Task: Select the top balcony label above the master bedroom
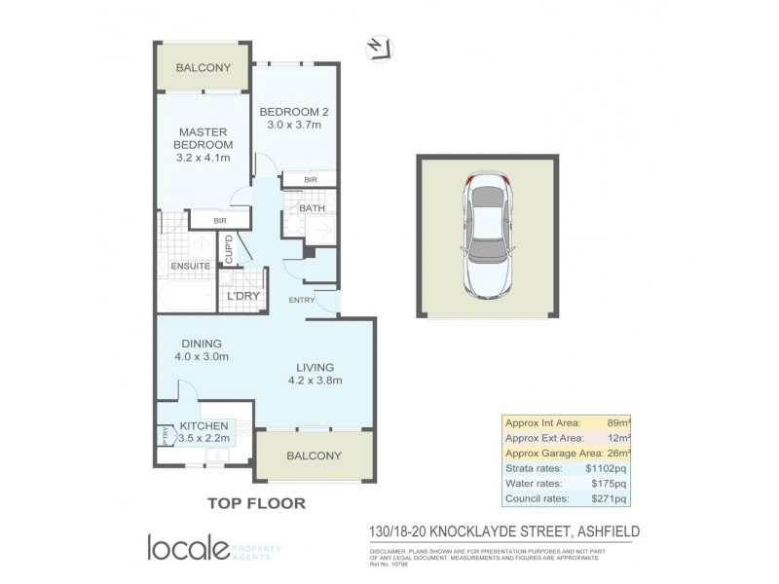203,68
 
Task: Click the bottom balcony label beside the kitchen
314,456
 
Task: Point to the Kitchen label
204,426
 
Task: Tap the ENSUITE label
190,266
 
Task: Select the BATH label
312,208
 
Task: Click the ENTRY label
301,300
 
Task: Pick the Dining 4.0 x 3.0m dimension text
201,357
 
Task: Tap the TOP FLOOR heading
256,503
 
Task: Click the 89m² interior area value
617,422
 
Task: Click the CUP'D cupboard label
229,250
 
